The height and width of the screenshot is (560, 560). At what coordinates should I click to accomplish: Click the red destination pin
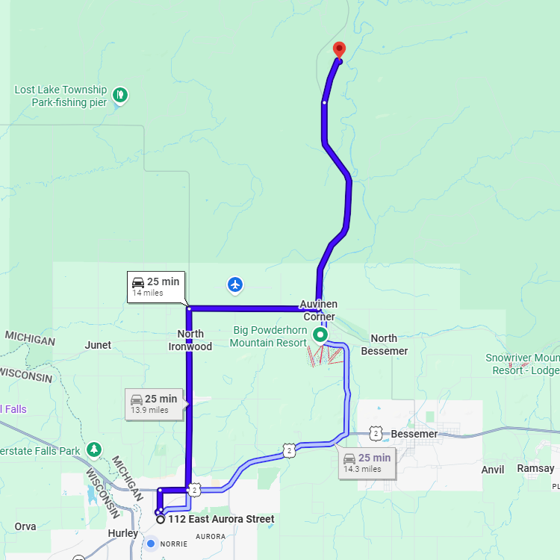coord(339,49)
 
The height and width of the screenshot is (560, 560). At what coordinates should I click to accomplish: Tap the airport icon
coord(235,284)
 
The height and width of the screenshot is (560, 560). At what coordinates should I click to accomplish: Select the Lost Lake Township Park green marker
coord(119,95)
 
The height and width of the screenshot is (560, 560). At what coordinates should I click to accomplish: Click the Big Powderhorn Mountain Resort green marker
coord(320,335)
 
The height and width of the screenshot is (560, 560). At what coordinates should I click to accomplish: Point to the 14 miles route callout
coord(155,286)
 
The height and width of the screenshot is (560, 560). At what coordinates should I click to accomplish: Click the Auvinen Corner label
coord(319,310)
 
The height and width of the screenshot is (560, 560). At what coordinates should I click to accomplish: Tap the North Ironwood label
coord(190,340)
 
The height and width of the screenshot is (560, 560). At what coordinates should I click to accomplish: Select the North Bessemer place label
coord(384,344)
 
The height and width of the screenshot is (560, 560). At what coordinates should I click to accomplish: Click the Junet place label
coord(98,345)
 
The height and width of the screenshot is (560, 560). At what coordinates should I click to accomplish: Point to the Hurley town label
coord(122,533)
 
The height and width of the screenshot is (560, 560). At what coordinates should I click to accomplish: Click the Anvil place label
coord(493,470)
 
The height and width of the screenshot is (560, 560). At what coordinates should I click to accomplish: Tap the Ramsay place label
coord(536,469)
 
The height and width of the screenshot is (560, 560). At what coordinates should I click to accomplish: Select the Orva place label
coord(25,526)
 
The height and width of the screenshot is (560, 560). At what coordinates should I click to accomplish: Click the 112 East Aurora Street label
coord(221,519)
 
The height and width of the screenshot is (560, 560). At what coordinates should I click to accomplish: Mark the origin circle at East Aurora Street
coord(160,519)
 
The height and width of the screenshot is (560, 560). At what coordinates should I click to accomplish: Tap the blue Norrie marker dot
coord(152,543)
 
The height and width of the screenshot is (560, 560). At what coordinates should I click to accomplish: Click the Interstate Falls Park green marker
coord(94,449)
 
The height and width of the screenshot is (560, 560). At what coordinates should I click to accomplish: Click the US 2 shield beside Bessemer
coord(376,433)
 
